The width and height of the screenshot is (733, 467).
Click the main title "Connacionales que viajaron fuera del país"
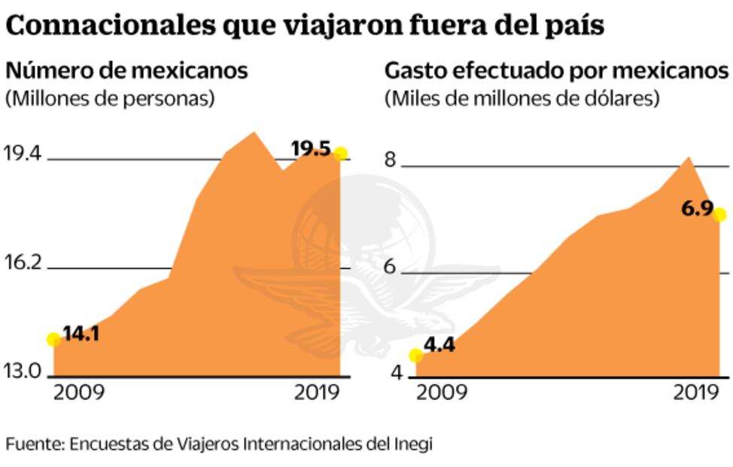pyautogui.click(x=305, y=25)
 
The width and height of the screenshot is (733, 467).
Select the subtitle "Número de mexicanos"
pyautogui.click(x=126, y=71)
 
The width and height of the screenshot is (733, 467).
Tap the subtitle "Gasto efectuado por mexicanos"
pyautogui.click(x=557, y=71)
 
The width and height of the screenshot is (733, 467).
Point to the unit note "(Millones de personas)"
pyautogui.click(x=110, y=98)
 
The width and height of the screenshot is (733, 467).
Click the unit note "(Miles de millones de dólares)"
pyautogui.click(x=522, y=98)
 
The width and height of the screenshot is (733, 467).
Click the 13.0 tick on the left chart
pyautogui.click(x=23, y=371)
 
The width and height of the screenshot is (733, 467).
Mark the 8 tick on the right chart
pyautogui.click(x=391, y=160)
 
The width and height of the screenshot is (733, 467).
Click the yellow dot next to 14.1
pyautogui.click(x=53, y=340)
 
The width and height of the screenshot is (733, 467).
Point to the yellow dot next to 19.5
pyautogui.click(x=340, y=154)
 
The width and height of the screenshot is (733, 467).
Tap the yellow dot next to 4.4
pyautogui.click(x=415, y=356)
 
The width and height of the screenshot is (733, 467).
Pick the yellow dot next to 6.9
pyautogui.click(x=719, y=215)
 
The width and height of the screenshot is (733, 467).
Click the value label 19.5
pyautogui.click(x=311, y=149)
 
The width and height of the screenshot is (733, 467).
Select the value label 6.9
pyautogui.click(x=697, y=209)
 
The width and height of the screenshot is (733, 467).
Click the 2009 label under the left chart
pyautogui.click(x=80, y=393)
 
